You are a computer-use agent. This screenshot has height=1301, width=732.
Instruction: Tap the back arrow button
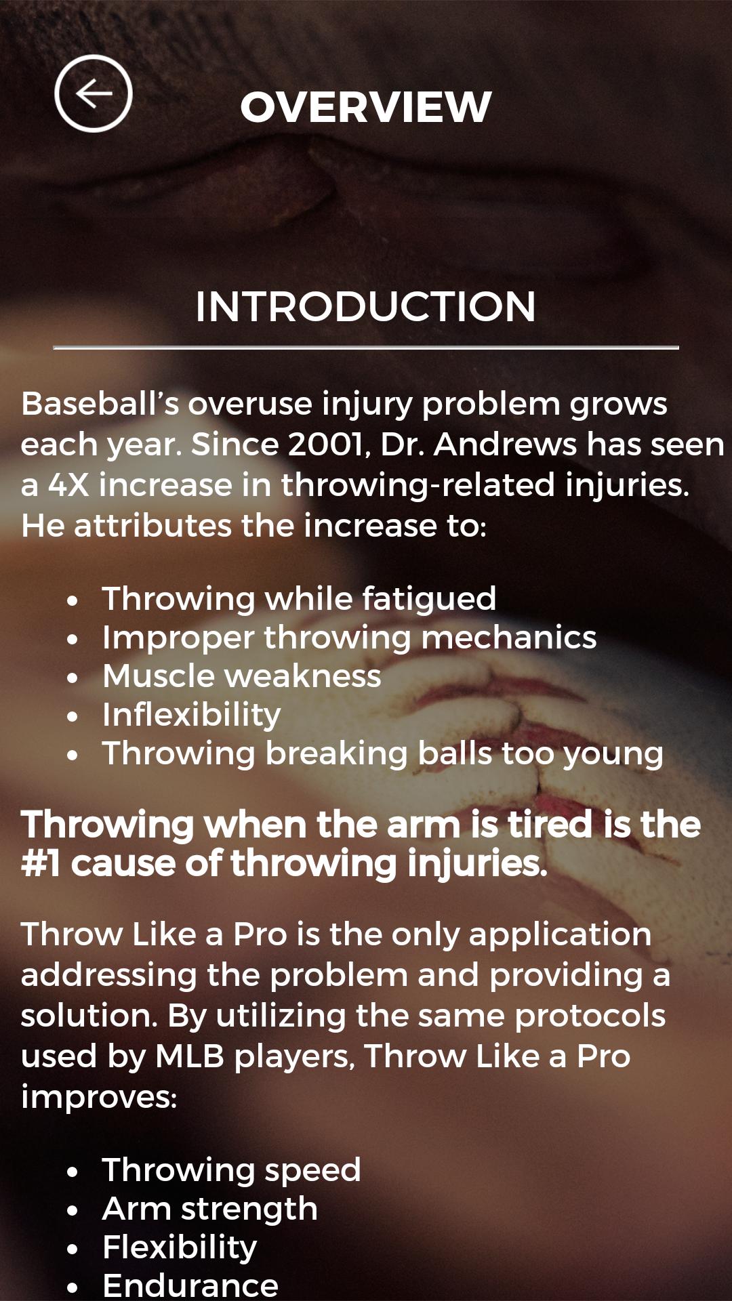94,94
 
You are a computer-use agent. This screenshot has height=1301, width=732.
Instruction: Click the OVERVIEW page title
366,107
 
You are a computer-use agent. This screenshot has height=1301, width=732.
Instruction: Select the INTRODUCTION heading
366,306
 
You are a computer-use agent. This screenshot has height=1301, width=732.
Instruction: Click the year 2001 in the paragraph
327,445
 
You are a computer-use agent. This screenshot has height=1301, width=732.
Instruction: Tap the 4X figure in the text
68,485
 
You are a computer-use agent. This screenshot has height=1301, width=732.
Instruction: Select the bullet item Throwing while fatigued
299,599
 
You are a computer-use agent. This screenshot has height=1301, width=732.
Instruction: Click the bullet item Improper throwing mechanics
349,638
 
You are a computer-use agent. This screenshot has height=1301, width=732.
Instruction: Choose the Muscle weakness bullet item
242,676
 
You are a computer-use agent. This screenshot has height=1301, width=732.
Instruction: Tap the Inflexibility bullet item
192,715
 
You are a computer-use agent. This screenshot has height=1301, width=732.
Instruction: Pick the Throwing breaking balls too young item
382,753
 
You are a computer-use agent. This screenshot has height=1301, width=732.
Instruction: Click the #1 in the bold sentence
41,864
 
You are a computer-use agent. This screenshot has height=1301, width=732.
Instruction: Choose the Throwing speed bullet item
231,1170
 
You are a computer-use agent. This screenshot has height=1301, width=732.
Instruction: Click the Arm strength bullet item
210,1209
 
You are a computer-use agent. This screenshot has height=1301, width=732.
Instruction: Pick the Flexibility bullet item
180,1247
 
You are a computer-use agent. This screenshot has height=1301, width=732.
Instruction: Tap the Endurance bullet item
190,1285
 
